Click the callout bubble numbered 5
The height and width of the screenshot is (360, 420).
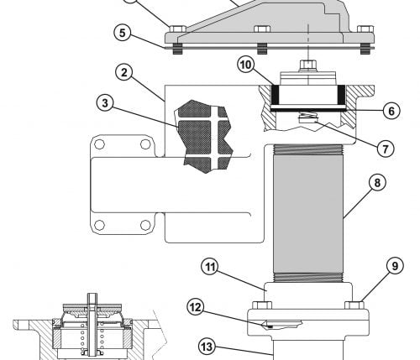pyautogui.click(x=123, y=33)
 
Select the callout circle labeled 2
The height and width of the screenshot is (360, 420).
pyautogui.click(x=124, y=73)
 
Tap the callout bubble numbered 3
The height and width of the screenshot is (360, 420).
pyautogui.click(x=105, y=103)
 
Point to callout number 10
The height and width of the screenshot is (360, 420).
pyautogui.click(x=246, y=65)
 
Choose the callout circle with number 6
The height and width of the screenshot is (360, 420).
pyautogui.click(x=391, y=111)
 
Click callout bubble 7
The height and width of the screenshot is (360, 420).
pyautogui.click(x=386, y=149)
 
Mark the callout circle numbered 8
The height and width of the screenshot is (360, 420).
pyautogui.click(x=377, y=183)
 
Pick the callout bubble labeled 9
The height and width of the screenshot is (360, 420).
pyautogui.click(x=395, y=266)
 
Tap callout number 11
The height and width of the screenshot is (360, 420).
pyautogui.click(x=210, y=267)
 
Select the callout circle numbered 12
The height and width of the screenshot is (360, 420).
pyautogui.click(x=196, y=307)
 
